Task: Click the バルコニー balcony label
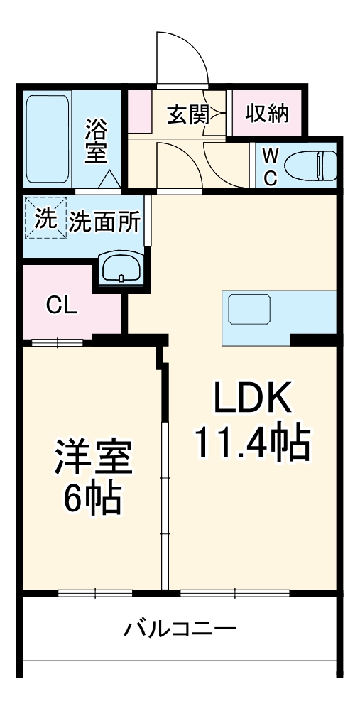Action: (180, 629)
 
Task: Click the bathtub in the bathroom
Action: (48, 139)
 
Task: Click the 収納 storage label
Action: (268, 113)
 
